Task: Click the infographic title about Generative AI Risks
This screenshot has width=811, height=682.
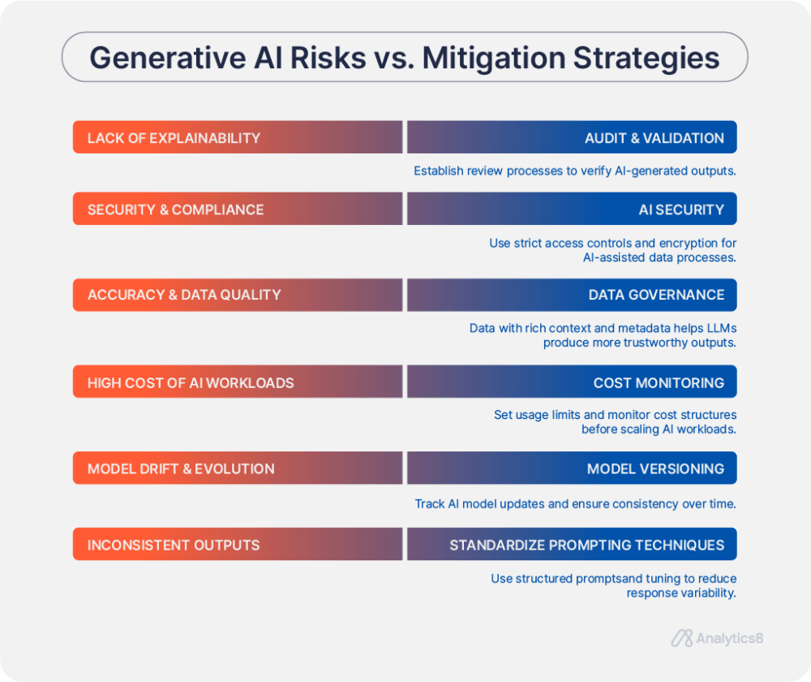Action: [404, 58]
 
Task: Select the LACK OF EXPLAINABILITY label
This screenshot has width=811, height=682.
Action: [174, 138]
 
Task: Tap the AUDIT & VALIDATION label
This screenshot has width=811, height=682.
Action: [654, 138]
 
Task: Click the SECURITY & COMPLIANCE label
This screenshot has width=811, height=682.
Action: [175, 209]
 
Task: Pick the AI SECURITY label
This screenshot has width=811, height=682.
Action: [681, 209]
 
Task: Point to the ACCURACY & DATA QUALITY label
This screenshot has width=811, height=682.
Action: [184, 295]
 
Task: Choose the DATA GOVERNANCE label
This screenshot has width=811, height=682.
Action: [656, 295]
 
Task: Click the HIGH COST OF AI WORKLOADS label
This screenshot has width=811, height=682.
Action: [191, 382]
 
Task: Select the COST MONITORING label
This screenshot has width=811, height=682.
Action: [659, 382]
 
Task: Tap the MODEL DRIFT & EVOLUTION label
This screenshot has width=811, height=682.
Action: [181, 469]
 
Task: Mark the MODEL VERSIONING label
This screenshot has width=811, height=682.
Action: [655, 469]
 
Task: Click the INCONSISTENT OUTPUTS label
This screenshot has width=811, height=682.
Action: [174, 545]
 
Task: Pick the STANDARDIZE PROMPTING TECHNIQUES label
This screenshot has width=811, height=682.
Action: [586, 545]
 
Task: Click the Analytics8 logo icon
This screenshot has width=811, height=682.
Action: [681, 638]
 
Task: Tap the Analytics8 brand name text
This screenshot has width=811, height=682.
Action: [729, 638]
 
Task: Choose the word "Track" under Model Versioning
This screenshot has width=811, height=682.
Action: [430, 504]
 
